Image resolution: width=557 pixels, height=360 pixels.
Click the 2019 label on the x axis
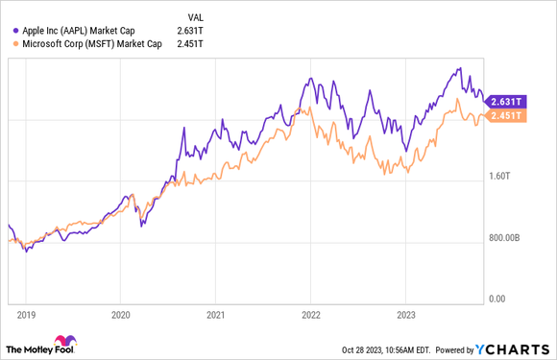point(26,314)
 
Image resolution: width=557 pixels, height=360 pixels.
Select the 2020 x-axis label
point(120,314)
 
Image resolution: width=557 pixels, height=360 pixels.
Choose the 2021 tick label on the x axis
point(215,314)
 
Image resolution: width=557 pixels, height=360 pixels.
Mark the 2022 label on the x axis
point(310,314)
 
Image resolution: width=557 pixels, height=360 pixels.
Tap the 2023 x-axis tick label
point(404,314)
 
